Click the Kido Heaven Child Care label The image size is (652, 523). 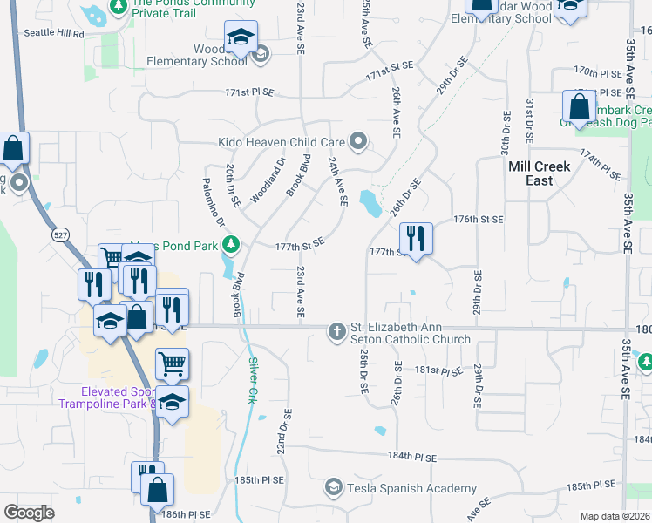[x=282, y=141]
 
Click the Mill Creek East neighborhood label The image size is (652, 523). [x=540, y=173]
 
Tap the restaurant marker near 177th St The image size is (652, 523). [x=416, y=238]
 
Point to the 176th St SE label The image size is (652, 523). [x=479, y=221]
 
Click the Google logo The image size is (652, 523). [x=29, y=512]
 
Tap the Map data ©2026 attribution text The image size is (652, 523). [x=615, y=516]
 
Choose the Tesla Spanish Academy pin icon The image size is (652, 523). [x=333, y=487]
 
